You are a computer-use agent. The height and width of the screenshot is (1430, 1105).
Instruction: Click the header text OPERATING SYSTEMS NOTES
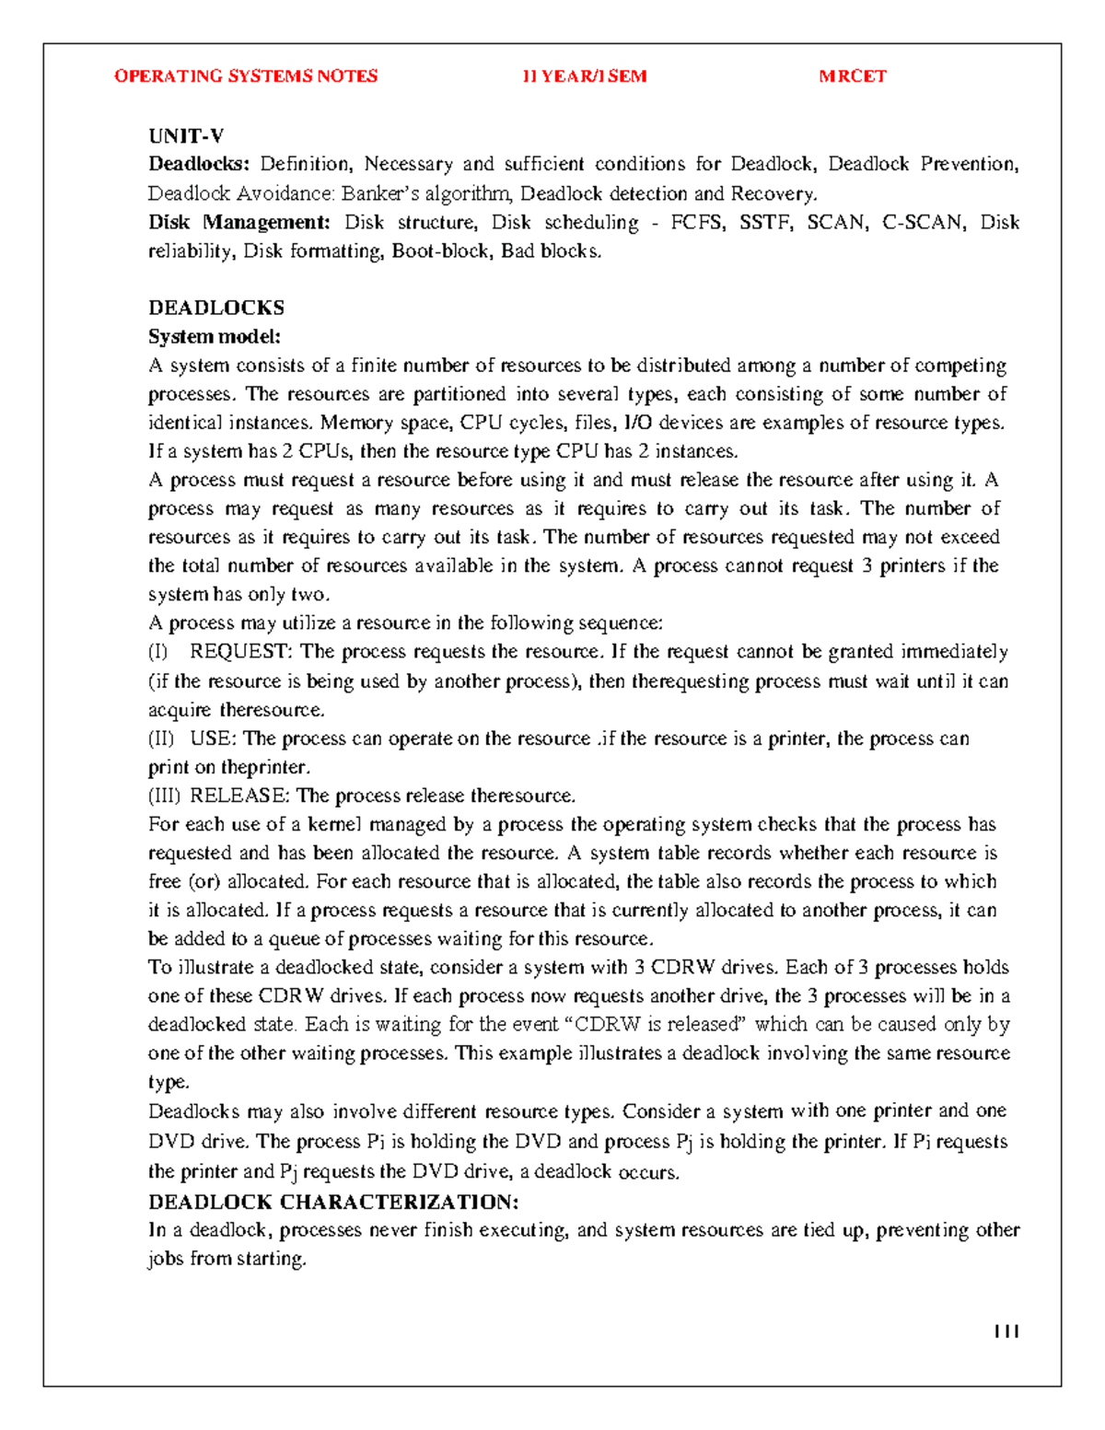click(246, 76)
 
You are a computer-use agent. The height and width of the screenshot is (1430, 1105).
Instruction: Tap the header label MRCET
click(853, 76)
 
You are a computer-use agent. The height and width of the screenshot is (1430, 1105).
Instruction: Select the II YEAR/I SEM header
click(585, 76)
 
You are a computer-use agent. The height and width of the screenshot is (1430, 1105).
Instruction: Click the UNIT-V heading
click(186, 136)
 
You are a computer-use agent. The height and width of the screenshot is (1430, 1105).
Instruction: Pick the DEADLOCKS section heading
click(216, 308)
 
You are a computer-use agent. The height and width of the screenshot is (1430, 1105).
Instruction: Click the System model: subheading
click(215, 336)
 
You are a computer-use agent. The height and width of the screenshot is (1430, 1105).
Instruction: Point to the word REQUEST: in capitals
click(240, 652)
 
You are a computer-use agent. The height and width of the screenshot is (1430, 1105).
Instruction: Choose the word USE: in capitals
click(214, 738)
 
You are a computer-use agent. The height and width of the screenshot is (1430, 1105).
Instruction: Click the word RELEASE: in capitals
click(239, 796)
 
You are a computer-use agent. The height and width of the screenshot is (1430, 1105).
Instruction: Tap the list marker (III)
click(165, 796)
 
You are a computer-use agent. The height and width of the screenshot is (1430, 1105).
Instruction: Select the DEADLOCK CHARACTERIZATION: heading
click(333, 1202)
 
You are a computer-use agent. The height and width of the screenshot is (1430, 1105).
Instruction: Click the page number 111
click(1006, 1331)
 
